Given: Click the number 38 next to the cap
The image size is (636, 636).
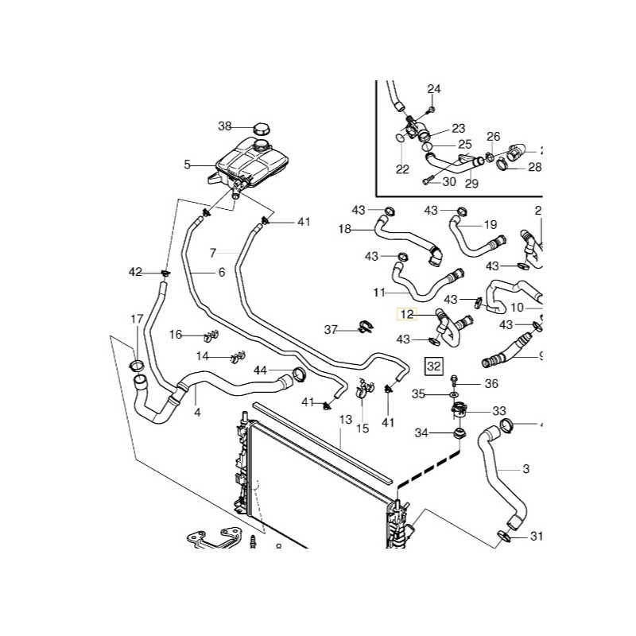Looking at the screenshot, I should click(x=225, y=126).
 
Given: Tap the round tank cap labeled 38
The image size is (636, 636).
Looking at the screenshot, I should click(x=262, y=128).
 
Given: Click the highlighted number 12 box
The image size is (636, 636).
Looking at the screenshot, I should click(x=407, y=315).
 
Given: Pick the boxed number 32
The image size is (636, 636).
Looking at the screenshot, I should click(x=433, y=366).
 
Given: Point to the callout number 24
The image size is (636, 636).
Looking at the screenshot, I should click(x=433, y=88).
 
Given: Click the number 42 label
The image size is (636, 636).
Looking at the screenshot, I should click(x=136, y=273).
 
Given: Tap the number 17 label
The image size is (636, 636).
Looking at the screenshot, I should click(x=138, y=320).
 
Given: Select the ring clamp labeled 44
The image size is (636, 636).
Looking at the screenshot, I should click(x=300, y=374).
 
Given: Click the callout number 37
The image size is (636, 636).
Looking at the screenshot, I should click(x=331, y=329).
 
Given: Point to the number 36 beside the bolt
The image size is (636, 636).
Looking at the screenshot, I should click(x=491, y=383).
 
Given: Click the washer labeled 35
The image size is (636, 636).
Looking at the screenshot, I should click(x=453, y=394).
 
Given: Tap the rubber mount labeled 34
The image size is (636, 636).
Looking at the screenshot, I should click(x=459, y=433).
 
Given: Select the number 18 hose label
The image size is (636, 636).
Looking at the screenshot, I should click(x=345, y=229).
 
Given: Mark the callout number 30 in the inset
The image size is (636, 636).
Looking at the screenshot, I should click(x=449, y=181).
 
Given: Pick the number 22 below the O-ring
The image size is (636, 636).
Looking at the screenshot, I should click(x=402, y=169).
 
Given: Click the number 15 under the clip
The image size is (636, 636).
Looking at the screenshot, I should click(x=363, y=429).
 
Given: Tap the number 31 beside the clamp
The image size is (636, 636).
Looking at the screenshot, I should click(x=536, y=537).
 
